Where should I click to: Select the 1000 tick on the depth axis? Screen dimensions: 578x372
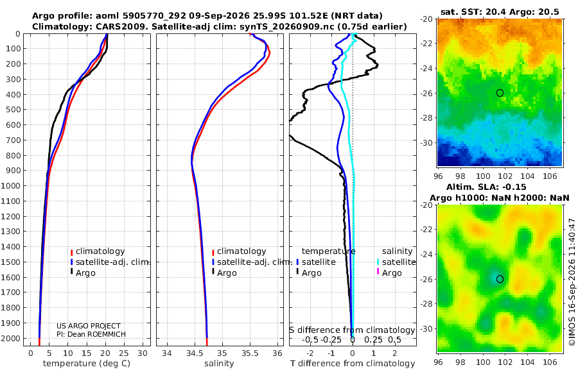click(x=10, y=185)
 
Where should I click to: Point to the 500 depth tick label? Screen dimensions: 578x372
click(x=13, y=110)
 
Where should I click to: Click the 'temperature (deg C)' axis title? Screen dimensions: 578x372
click(x=87, y=363)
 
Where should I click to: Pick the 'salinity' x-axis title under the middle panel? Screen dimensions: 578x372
click(x=219, y=363)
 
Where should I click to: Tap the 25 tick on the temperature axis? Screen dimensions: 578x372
click(x=124, y=353)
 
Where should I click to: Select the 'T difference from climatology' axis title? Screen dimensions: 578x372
click(x=353, y=363)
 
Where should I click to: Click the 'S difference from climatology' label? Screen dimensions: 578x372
click(x=352, y=330)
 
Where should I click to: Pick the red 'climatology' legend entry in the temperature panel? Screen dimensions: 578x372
click(x=98, y=251)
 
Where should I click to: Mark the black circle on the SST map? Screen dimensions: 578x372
click(x=500, y=93)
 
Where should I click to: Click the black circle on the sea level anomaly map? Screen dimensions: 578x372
click(x=500, y=279)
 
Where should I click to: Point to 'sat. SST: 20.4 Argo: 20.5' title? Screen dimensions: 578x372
click(x=500, y=12)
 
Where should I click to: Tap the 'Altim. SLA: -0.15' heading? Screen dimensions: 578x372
click(x=486, y=187)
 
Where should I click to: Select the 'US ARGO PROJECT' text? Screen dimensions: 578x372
click(x=89, y=326)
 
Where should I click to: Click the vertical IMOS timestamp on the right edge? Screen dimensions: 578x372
click(x=572, y=282)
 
